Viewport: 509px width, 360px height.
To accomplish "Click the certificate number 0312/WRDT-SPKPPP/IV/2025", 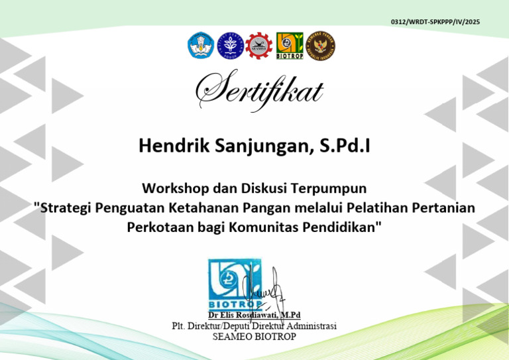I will [435, 23].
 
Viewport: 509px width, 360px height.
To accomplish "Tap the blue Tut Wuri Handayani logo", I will [200, 45].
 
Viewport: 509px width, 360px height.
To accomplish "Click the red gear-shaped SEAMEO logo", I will [258, 45].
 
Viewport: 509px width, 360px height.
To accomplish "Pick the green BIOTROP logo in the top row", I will [289, 45].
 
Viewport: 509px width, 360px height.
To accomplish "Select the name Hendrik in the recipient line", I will [166, 146].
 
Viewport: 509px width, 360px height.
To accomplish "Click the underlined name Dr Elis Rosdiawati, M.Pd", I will [254, 316].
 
